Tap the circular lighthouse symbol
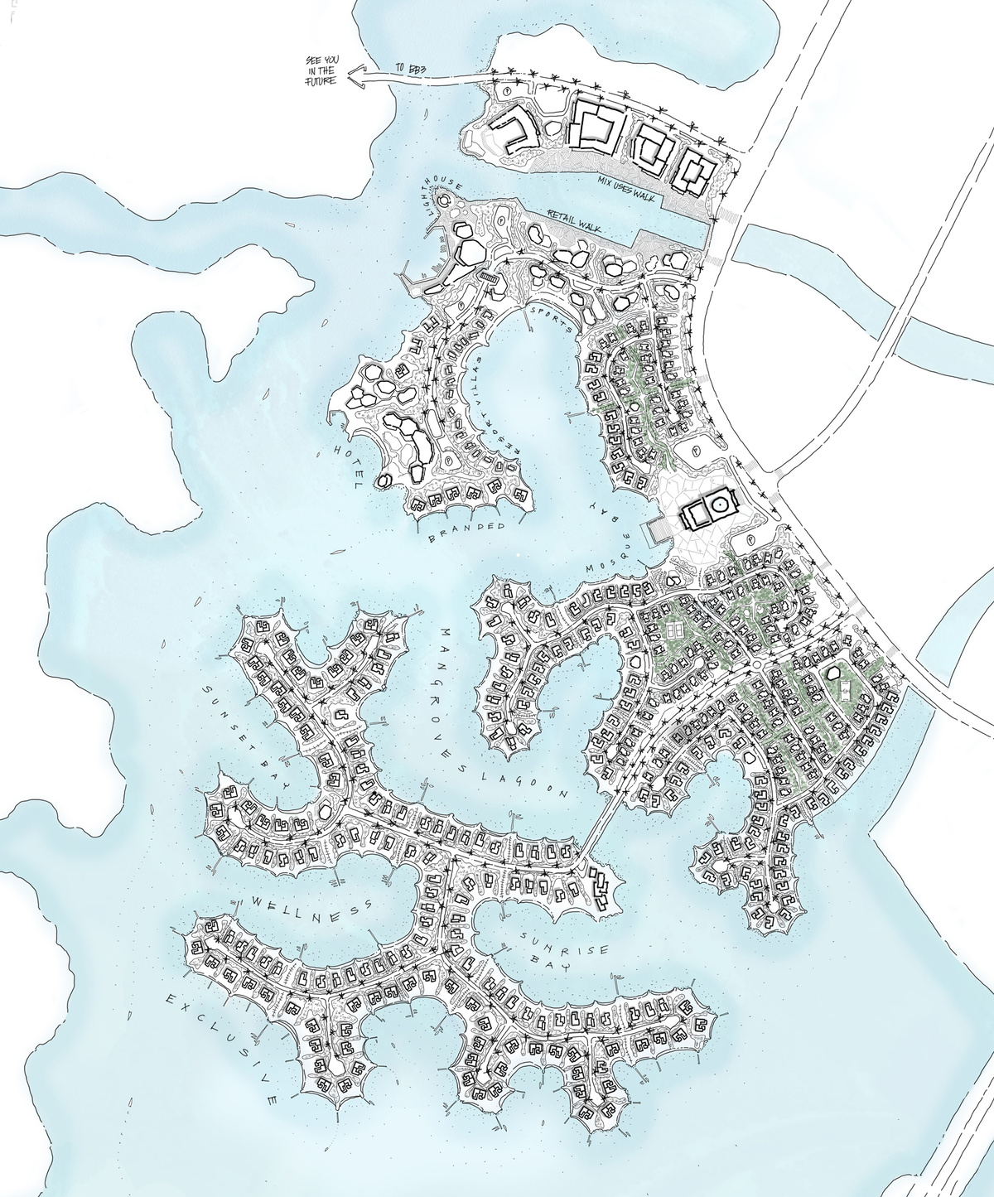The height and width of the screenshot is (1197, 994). tap(442, 199)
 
